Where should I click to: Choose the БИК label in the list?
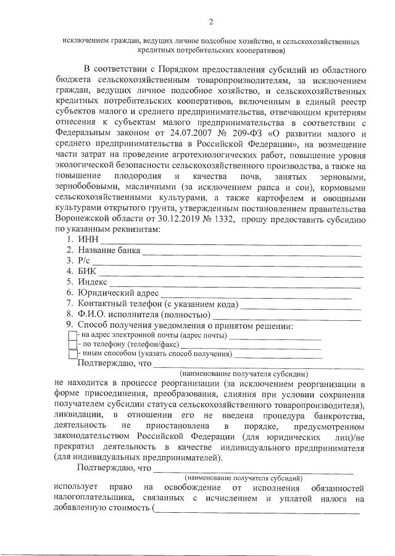[x=87, y=272]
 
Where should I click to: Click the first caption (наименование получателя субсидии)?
[x=243, y=374]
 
